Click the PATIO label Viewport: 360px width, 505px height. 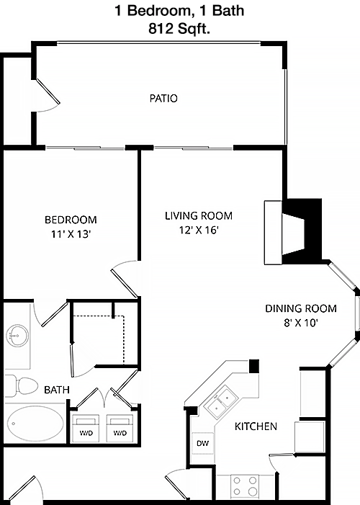[163, 98]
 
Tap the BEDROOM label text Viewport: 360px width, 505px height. [71, 220]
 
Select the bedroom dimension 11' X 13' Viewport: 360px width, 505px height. [71, 234]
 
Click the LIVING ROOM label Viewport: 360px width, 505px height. [199, 215]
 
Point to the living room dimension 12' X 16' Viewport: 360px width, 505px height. [199, 230]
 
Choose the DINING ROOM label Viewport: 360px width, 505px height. [301, 308]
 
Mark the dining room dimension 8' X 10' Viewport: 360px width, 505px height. [301, 323]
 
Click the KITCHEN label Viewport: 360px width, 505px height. [256, 426]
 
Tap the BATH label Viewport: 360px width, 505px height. [57, 390]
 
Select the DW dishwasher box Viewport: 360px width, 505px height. [203, 443]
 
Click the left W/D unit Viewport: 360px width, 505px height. [86, 429]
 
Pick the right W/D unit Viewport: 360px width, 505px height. [120, 429]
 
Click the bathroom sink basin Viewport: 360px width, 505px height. [17, 336]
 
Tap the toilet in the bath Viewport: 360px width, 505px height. [22, 386]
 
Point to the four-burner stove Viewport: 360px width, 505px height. [245, 486]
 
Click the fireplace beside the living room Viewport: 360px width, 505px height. [293, 232]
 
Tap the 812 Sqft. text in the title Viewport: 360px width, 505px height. [179, 29]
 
